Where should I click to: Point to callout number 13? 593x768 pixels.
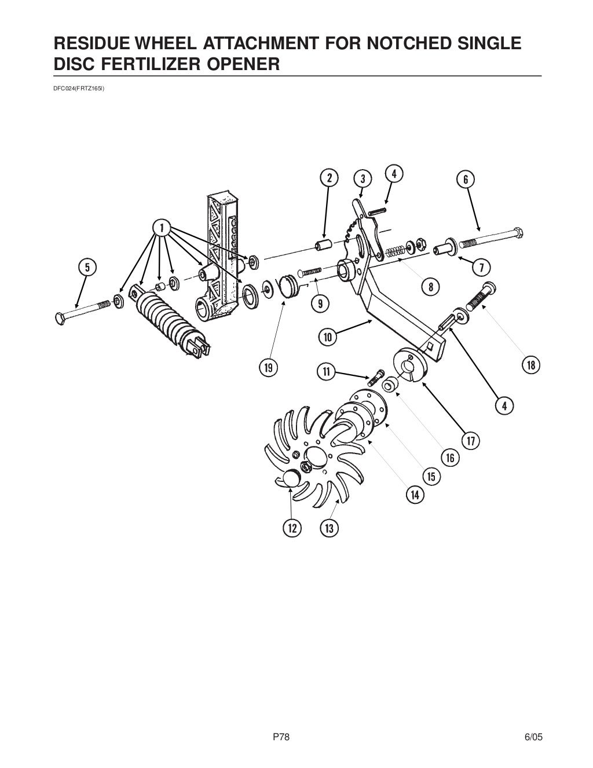click(x=329, y=528)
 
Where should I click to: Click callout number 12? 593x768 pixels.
click(x=291, y=528)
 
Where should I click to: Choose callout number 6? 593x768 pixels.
click(x=466, y=180)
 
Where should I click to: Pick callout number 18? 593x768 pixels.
click(x=531, y=365)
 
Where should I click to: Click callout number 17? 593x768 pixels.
click(x=471, y=441)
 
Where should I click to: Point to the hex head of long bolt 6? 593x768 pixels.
click(x=518, y=233)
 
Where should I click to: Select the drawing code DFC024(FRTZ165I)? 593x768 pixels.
click(x=78, y=89)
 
